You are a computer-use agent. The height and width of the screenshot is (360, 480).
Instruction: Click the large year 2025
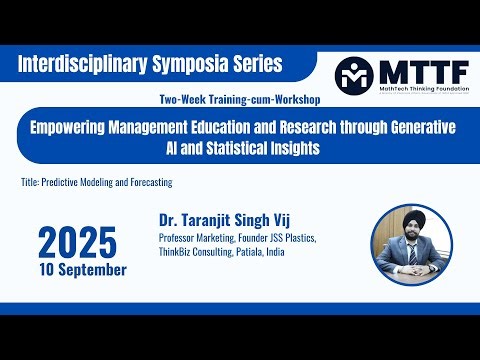[78, 242]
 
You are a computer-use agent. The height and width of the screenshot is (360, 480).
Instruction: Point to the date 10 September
[84, 270]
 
